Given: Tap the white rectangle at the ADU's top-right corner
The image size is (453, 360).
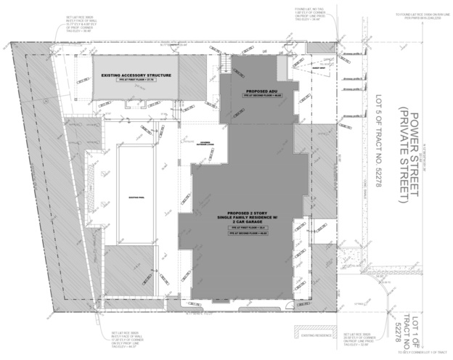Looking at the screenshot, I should (280, 67).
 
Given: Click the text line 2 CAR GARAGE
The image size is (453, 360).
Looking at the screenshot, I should (248, 222).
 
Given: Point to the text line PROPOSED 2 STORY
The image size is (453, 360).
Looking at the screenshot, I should (248, 213).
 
